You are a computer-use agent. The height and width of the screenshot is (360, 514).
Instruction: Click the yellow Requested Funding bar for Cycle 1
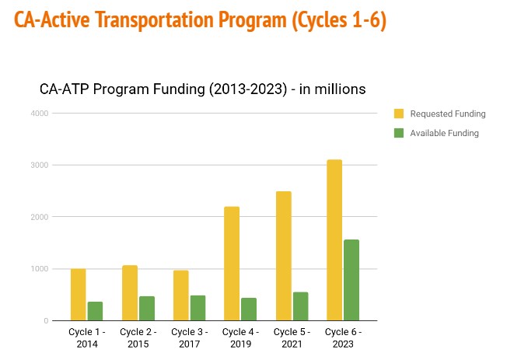pyautogui.click(x=78, y=295)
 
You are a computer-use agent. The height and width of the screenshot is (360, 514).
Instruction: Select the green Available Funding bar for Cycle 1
pyautogui.click(x=96, y=311)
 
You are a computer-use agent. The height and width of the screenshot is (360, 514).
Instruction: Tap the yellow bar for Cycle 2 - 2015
pyautogui.click(x=129, y=293)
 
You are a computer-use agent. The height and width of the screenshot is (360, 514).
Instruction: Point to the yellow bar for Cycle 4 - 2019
pyautogui.click(x=231, y=264)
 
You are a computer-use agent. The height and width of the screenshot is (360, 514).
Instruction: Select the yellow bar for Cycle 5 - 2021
pyautogui.click(x=282, y=256)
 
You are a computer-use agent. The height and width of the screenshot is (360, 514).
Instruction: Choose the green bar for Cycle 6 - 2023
pyautogui.click(x=351, y=280)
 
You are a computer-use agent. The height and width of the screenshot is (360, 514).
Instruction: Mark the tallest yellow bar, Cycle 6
pyautogui.click(x=334, y=240)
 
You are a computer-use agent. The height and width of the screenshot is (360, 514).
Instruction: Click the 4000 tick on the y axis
pyautogui.click(x=40, y=114)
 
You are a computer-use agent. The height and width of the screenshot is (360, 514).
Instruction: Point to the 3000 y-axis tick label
pyautogui.click(x=40, y=166)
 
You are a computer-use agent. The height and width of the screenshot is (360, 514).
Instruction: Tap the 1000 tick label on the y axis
pyautogui.click(x=40, y=269)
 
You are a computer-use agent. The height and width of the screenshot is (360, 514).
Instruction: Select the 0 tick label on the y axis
pyautogui.click(x=46, y=321)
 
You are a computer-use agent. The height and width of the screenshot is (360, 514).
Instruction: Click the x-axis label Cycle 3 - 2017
pyautogui.click(x=189, y=337)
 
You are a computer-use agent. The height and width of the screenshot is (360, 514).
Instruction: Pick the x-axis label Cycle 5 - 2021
pyautogui.click(x=291, y=337)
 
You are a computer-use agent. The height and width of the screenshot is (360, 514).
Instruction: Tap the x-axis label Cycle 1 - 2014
pyautogui.click(x=86, y=337)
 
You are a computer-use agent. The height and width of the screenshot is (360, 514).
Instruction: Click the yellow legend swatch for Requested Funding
pyautogui.click(x=399, y=114)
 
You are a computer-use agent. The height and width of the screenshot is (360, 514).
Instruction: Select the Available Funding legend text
pyautogui.click(x=444, y=133)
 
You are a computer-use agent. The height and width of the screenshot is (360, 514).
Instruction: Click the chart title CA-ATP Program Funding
pyautogui.click(x=202, y=89)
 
